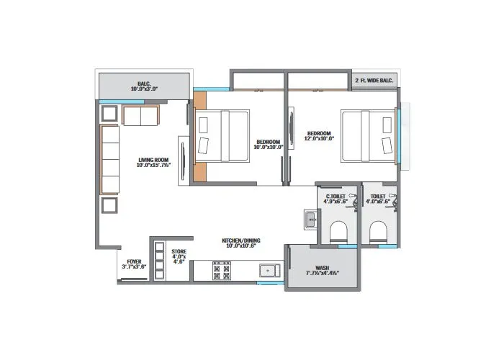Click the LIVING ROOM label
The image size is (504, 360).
click(153, 163)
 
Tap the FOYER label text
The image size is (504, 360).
click(134, 264)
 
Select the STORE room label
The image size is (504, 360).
click(179, 256)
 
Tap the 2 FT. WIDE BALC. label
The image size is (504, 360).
click(373, 81)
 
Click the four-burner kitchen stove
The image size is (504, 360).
click(221, 271)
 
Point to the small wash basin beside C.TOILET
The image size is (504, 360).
click(310, 219)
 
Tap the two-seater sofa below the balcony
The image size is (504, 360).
click(142, 114)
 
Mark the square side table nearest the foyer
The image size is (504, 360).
click(110, 206)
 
